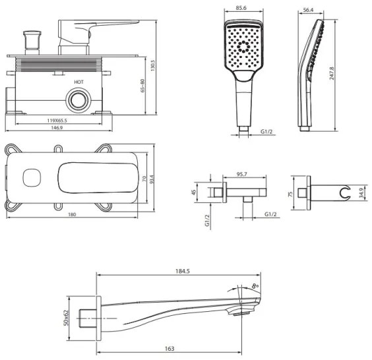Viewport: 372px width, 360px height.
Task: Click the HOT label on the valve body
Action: point(78,82)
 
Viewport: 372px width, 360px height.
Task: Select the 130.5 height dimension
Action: point(152,65)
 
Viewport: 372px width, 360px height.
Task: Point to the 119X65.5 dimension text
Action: point(57,121)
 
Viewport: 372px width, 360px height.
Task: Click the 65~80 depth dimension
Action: point(142,85)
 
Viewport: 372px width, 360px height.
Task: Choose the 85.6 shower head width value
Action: point(241,8)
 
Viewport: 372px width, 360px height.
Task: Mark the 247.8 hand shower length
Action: point(332,73)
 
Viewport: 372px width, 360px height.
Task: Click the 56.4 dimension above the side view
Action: point(308,10)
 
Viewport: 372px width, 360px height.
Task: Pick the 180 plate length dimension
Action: point(72,215)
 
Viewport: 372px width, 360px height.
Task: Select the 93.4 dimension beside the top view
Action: point(152,179)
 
